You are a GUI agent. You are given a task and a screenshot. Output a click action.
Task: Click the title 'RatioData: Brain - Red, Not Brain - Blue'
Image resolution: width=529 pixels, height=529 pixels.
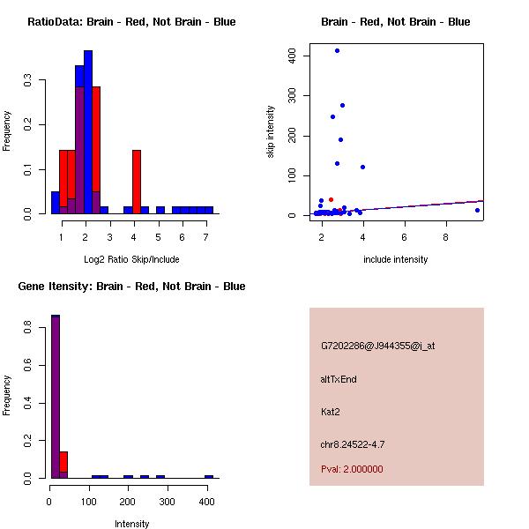click(131, 22)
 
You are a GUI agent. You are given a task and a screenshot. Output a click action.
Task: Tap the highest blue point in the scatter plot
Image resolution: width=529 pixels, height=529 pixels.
click(337, 51)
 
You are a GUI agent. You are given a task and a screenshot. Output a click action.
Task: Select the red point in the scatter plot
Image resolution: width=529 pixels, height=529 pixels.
click(331, 199)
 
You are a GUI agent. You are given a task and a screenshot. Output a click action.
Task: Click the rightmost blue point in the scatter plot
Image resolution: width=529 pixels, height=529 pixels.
click(477, 210)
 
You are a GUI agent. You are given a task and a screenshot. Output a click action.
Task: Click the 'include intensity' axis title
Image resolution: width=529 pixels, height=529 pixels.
click(395, 259)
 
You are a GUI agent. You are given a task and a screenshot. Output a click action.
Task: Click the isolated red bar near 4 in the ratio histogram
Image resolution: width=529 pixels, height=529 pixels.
click(137, 182)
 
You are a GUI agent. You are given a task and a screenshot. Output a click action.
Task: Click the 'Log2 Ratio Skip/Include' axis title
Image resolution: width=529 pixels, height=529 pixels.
click(131, 259)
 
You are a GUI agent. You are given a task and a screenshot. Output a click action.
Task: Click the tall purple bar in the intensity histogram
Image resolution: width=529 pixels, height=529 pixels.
click(56, 397)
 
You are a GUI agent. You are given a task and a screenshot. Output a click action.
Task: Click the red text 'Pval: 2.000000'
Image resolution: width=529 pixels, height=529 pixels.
click(352, 469)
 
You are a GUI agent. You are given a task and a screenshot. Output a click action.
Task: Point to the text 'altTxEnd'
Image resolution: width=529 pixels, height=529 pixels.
click(339, 379)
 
